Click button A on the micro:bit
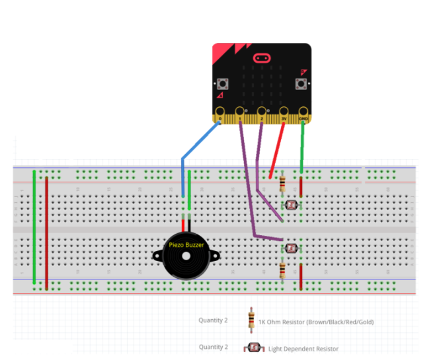pyautogui.click(x=222, y=83)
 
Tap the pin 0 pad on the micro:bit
pyautogui.click(x=220, y=112)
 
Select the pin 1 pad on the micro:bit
pyautogui.click(x=239, y=112)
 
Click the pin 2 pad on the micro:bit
pyautogui.click(x=262, y=112)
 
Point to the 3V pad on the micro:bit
pyautogui.click(x=284, y=112)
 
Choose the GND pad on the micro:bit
pyautogui.click(x=303, y=112)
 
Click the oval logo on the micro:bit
pyautogui.click(x=262, y=57)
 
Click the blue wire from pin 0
pyautogui.click(x=198, y=141)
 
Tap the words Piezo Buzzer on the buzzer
pyautogui.click(x=186, y=244)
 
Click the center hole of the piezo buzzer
pyautogui.click(x=186, y=256)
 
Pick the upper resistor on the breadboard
pyautogui.click(x=283, y=184)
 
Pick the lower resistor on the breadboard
pyautogui.click(x=283, y=270)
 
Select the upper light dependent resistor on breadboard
pyautogui.click(x=292, y=205)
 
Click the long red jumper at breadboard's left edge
pyautogui.click(x=46, y=231)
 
